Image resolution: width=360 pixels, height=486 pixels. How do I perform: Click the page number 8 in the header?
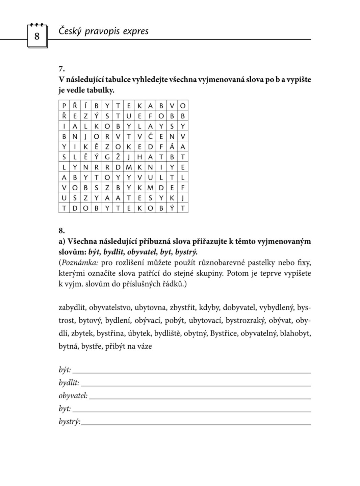tap(37, 36)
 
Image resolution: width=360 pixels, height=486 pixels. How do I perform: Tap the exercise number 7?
tap(61, 69)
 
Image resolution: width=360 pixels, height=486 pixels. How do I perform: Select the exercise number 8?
tap(61, 231)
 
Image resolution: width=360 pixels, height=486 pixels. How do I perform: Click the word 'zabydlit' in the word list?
tap(72, 308)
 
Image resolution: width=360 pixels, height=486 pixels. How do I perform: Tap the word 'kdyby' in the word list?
tap(209, 308)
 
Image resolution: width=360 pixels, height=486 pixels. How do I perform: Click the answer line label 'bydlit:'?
tap(69, 383)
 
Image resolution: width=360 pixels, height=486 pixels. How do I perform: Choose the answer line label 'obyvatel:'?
tap(73, 396)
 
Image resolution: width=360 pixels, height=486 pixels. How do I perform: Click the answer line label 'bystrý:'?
tap(69, 422)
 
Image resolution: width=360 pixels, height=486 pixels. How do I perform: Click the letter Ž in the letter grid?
tap(118, 157)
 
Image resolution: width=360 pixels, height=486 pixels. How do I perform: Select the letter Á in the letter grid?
tap(172, 147)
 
